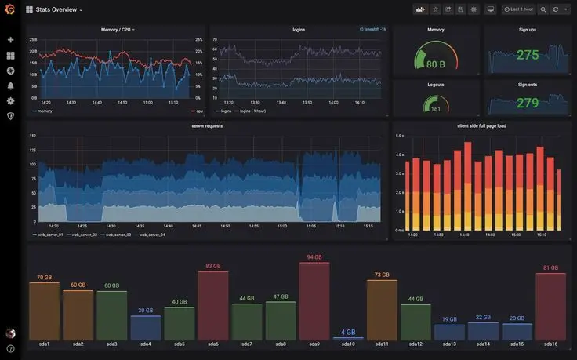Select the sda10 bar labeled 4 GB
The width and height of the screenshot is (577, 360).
(348, 338)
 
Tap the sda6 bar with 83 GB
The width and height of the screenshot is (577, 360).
(213, 305)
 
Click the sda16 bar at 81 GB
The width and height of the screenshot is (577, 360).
(550, 306)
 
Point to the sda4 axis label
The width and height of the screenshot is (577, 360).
(146, 344)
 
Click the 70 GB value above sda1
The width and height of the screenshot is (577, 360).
(44, 278)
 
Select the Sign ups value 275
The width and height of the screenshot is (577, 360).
(528, 55)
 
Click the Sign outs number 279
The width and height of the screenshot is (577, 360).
(528, 103)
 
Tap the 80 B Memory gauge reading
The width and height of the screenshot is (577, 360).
(436, 64)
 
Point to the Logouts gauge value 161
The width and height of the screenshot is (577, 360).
(436, 109)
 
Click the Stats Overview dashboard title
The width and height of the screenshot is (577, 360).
(56, 9)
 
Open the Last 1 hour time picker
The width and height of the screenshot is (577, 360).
(518, 9)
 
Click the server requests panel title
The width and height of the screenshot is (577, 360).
(207, 125)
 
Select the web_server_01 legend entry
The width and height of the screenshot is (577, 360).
(49, 235)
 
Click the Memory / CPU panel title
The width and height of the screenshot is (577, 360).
(116, 30)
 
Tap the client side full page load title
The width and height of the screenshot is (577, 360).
(481, 125)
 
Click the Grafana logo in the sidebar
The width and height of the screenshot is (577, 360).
(10, 9)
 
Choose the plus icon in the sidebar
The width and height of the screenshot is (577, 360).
(10, 40)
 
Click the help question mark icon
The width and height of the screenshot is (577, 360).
(10, 348)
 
